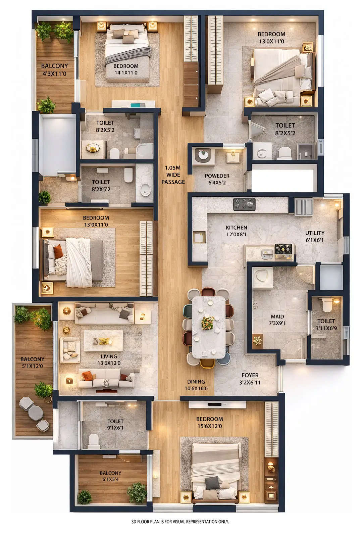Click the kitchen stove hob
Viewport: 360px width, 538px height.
tap(244, 204)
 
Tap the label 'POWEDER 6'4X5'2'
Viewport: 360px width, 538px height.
tap(217, 179)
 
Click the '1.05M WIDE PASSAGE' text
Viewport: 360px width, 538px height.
tap(173, 175)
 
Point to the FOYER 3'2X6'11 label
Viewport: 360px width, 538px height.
tap(250, 379)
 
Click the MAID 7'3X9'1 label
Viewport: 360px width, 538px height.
tap(277, 320)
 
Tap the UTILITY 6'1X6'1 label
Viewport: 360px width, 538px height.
tap(314, 236)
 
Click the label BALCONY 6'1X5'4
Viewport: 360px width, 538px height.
tap(110, 476)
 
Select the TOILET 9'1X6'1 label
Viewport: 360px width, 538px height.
tap(115, 424)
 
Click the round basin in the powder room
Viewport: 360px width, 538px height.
tap(203, 155)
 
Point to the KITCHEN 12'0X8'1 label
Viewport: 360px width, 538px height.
tap(236, 231)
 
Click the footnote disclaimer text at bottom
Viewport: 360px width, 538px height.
tap(180, 522)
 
